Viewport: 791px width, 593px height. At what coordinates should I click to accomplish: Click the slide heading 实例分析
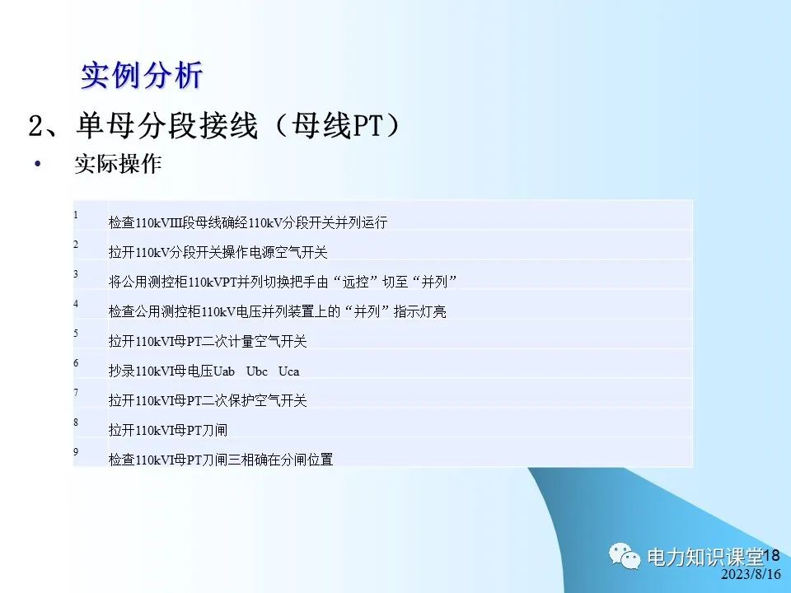(141, 76)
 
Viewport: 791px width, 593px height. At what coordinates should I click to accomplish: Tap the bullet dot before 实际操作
(37, 164)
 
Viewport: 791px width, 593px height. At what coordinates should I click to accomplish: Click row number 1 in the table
(76, 215)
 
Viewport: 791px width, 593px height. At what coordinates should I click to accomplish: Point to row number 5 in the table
(76, 334)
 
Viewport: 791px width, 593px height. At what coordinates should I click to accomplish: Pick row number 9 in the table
(76, 452)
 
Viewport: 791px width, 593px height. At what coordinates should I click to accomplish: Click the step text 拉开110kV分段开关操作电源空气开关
(218, 252)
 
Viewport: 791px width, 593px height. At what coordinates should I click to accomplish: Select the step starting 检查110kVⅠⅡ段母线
(247, 222)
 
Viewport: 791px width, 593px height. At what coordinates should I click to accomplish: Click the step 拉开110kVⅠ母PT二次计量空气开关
(207, 341)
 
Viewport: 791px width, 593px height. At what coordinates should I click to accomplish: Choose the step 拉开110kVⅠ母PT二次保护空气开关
(207, 400)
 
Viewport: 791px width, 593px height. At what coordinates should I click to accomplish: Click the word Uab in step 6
(224, 371)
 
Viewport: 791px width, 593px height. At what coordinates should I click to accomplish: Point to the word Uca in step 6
(288, 371)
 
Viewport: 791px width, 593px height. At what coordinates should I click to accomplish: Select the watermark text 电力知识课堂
(705, 556)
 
